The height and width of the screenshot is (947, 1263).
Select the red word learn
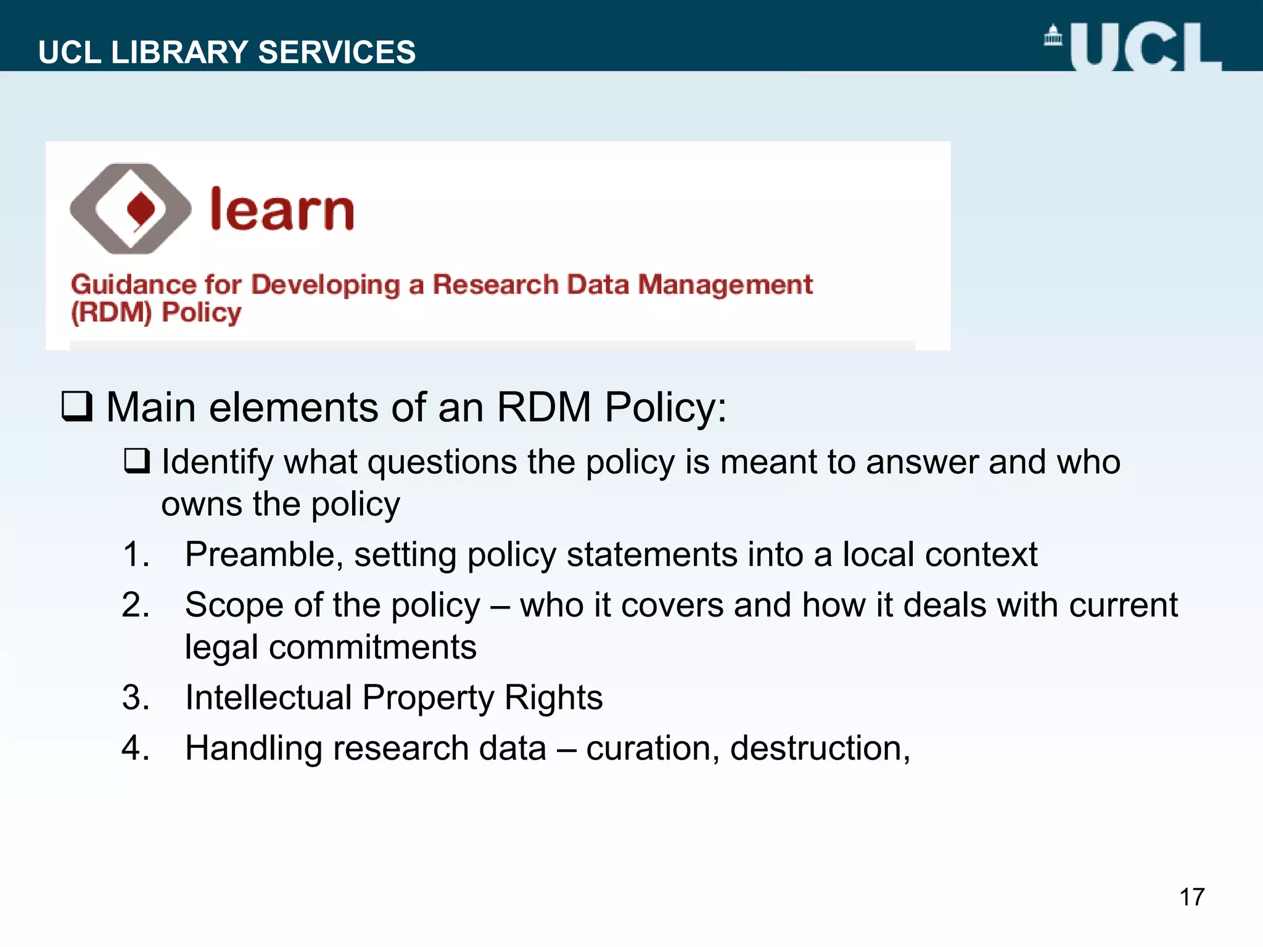point(282,210)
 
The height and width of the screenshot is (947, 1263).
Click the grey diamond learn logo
point(131,208)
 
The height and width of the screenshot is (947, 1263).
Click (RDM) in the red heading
point(111,313)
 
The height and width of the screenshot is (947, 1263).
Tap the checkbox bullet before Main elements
point(77,406)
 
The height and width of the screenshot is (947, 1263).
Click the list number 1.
point(135,554)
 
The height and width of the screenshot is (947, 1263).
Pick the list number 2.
point(135,605)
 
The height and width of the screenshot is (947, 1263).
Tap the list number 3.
point(135,697)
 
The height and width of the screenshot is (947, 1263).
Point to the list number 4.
point(135,748)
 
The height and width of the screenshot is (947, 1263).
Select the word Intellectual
point(268,697)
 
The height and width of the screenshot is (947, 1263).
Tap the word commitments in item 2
point(372,647)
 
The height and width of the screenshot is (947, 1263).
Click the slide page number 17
point(1191,897)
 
